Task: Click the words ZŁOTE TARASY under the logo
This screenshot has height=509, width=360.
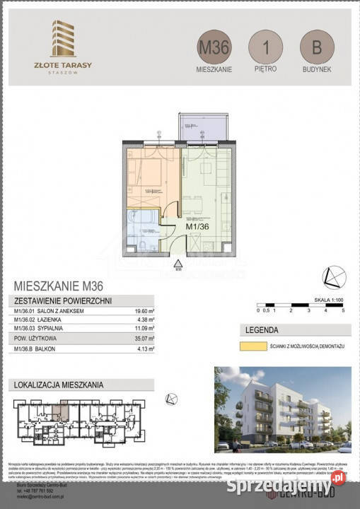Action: pyautogui.click(x=64, y=64)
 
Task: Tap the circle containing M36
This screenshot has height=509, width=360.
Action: pyautogui.click(x=214, y=49)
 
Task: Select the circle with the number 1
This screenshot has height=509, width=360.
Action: pyautogui.click(x=265, y=49)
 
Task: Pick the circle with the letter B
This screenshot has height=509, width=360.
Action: pyautogui.click(x=316, y=49)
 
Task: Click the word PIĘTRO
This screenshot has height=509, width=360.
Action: pyautogui.click(x=265, y=69)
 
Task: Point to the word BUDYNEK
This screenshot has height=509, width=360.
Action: pyautogui.click(x=316, y=69)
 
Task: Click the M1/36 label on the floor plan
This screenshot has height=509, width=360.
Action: pyautogui.click(x=197, y=227)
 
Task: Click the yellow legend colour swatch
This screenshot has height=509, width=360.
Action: pyautogui.click(x=251, y=346)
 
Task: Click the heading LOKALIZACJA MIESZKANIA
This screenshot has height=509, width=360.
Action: pyautogui.click(x=59, y=385)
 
